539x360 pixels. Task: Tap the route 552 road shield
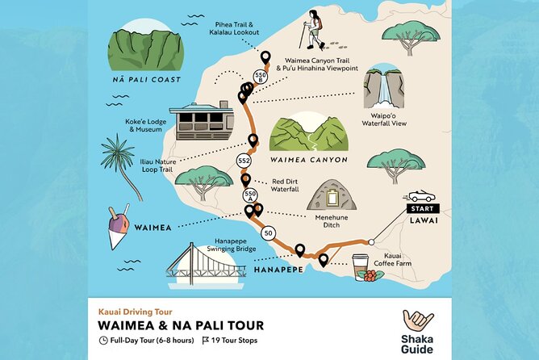point(244,162)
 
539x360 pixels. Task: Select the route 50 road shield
point(267,232)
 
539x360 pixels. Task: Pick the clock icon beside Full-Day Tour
point(103,341)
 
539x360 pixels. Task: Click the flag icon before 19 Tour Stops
point(207,341)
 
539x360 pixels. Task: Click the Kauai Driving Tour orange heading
point(135,311)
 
